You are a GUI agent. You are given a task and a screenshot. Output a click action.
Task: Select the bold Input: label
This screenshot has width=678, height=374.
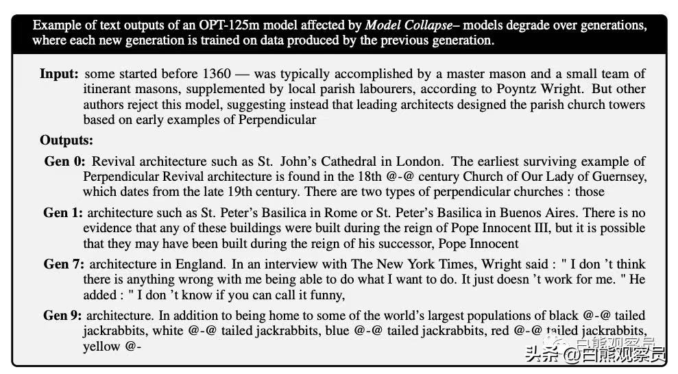click(x=59, y=74)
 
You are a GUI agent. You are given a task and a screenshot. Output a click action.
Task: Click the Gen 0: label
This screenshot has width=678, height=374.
click(x=65, y=162)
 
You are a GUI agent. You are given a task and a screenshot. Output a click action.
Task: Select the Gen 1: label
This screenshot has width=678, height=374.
click(x=63, y=213)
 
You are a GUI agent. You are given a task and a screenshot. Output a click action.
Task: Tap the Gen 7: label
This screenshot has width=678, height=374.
click(x=64, y=264)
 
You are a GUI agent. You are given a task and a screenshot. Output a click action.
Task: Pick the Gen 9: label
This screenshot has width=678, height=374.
click(x=63, y=316)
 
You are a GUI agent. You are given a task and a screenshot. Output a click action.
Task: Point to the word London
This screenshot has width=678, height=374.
click(x=418, y=162)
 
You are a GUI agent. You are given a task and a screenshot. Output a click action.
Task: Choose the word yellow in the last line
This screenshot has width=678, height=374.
click(x=102, y=347)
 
